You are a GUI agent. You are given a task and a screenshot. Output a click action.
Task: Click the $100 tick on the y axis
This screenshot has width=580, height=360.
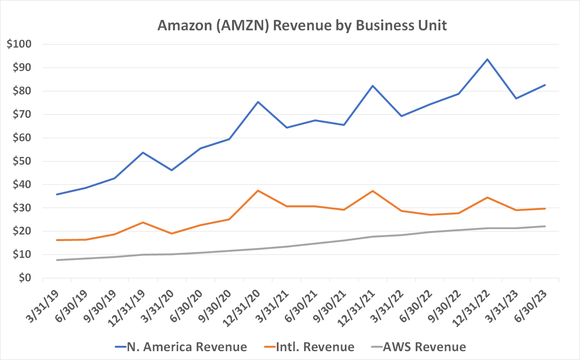coord(19,45)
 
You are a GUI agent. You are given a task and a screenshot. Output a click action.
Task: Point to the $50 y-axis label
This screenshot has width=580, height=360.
coord(22,161)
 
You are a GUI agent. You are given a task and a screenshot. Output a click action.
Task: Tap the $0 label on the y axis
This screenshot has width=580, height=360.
coord(26,278)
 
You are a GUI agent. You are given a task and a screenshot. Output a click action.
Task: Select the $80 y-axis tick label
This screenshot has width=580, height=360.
coord(22,91)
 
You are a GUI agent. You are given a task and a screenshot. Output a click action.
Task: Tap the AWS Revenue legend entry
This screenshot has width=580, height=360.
coord(417,346)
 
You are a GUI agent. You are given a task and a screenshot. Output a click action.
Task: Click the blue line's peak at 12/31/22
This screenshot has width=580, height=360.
coord(488,60)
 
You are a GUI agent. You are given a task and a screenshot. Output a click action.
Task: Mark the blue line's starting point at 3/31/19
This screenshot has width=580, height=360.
coord(57,194)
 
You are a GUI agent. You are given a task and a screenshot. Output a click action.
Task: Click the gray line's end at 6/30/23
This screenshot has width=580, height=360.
coord(545,226)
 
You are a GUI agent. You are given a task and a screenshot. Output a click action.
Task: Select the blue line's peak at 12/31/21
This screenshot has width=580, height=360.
coord(373,86)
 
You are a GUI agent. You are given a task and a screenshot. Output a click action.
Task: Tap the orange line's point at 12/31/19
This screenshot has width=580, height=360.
coord(143,222)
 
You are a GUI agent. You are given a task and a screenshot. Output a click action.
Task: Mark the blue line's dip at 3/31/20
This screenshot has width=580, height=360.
coord(172,170)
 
